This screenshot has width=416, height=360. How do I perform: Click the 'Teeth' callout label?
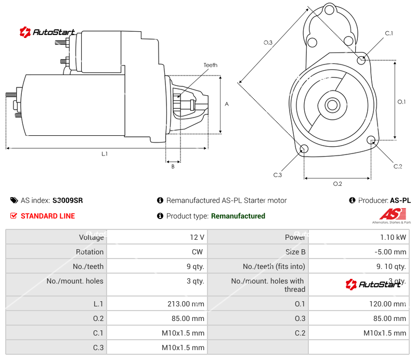pyautogui.click(x=210, y=65)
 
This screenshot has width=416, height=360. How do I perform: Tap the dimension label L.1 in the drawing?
pyautogui.click(x=105, y=153)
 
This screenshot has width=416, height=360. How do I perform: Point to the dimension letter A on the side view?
pyautogui.click(x=227, y=104)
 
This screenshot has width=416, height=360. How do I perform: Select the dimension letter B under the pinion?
pyautogui.click(x=173, y=166)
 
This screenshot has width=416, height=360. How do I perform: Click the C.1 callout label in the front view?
pyautogui.click(x=388, y=34)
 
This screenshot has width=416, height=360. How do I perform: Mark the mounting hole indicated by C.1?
pyautogui.click(x=362, y=60)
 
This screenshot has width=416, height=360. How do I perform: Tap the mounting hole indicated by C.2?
pyautogui.click(x=371, y=140)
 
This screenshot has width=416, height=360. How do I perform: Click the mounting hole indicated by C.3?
pyautogui.click(x=304, y=149)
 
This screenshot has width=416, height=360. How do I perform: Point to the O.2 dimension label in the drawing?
pyautogui.click(x=337, y=184)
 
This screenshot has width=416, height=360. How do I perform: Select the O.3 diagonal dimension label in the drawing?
pyautogui.click(x=268, y=43)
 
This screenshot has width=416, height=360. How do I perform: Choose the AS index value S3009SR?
pyautogui.click(x=68, y=200)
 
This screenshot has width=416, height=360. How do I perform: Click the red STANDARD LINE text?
pyautogui.click(x=47, y=216)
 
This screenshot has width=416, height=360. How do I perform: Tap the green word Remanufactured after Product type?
pyautogui.click(x=238, y=216)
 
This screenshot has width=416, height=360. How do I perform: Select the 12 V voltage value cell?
pyautogui.click(x=197, y=237)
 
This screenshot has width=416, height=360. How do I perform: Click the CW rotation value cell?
pyautogui.click(x=199, y=252)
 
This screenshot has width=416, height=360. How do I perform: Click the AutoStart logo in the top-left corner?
pyautogui.click(x=48, y=32)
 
